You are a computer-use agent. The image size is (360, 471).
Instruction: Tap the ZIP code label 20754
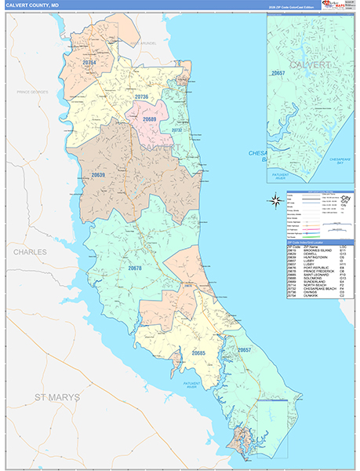pos(89,62)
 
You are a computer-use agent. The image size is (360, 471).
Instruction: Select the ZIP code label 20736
pos(141,97)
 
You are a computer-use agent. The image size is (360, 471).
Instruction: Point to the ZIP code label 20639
pos(97,174)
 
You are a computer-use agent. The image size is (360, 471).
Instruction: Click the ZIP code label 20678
pos(135,268)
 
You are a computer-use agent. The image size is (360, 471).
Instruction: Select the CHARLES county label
pos(29,252)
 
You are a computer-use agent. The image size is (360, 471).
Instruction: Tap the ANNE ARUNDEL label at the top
pos(144,42)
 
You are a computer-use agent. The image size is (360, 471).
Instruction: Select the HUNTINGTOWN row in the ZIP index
pos(313,257)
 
